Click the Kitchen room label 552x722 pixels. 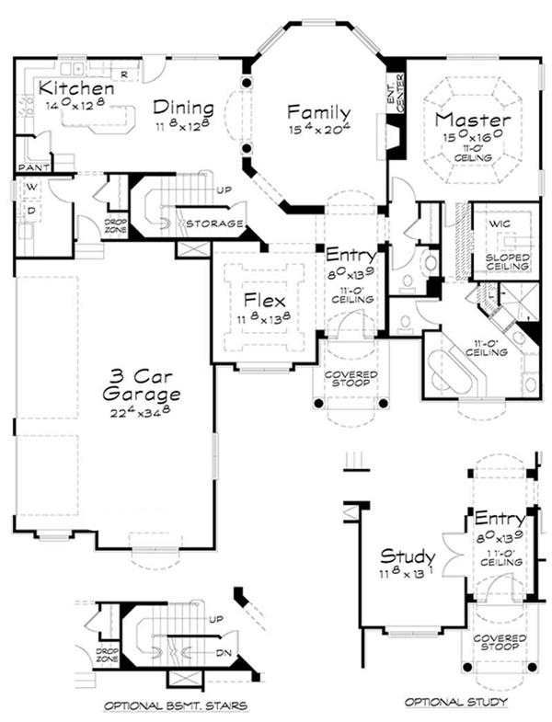pyautogui.click(x=77, y=88)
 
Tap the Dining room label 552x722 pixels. pyautogui.click(x=184, y=107)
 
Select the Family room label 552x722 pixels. pyautogui.click(x=318, y=112)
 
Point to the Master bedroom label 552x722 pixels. pyautogui.click(x=473, y=120)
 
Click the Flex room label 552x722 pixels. pyautogui.click(x=264, y=300)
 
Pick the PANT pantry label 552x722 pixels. pyautogui.click(x=31, y=167)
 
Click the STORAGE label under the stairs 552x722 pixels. pyautogui.click(x=214, y=223)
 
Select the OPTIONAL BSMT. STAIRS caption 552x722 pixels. pyautogui.click(x=173, y=706)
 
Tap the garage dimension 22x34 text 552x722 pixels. pyautogui.click(x=142, y=414)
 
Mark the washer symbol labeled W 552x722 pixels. pyautogui.click(x=32, y=188)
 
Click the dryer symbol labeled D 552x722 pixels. pyautogui.click(x=32, y=211)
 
